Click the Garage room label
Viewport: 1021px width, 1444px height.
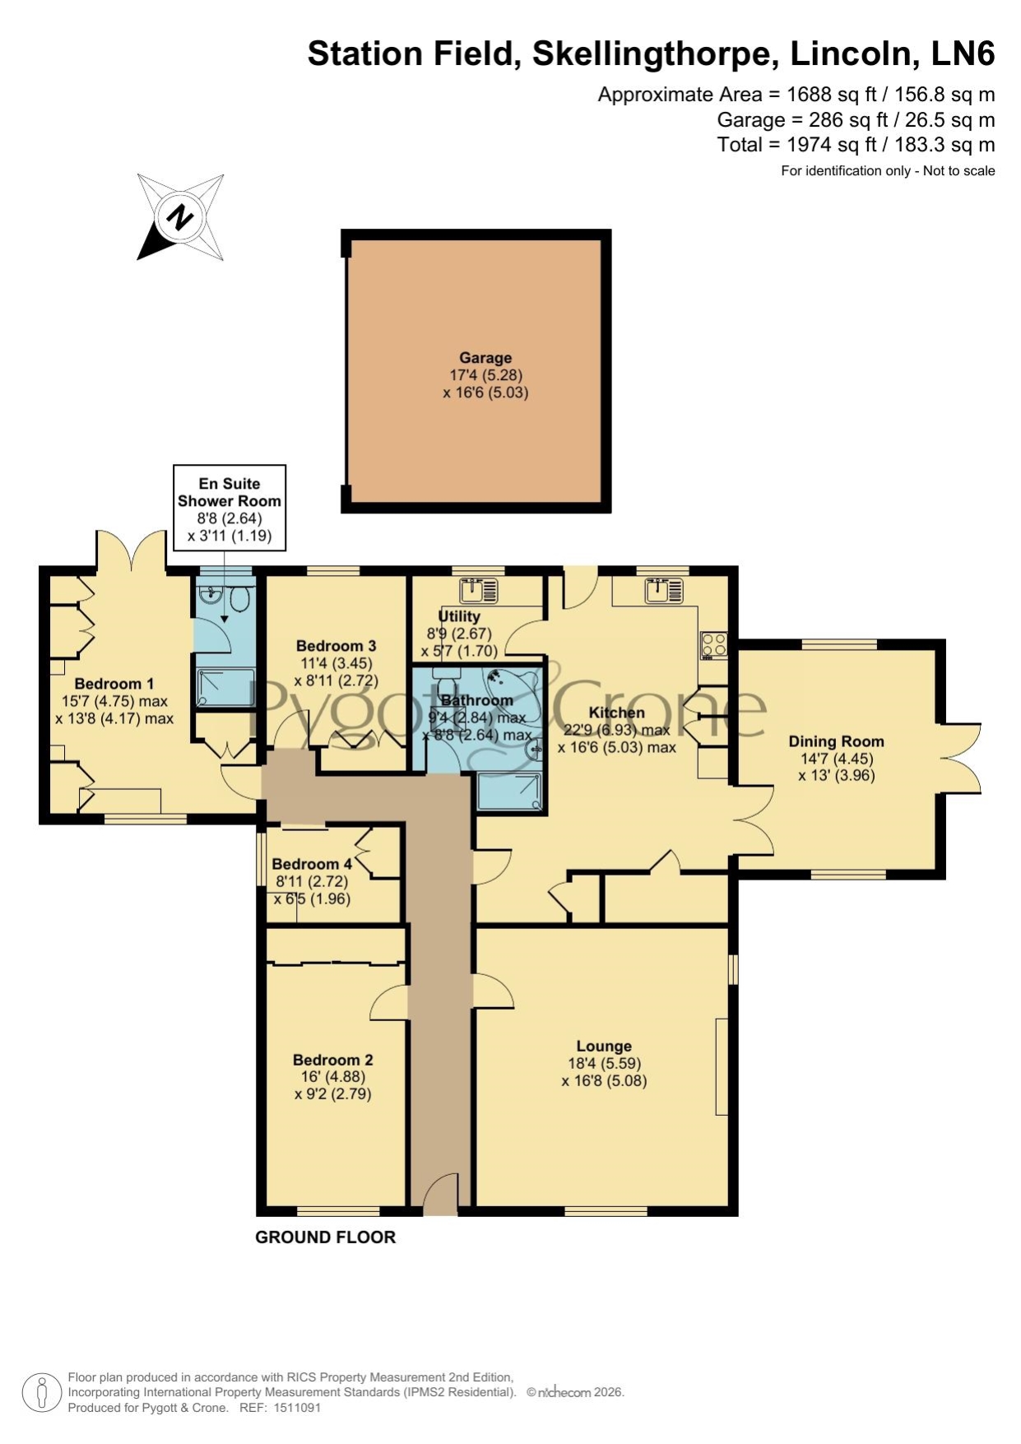(485, 358)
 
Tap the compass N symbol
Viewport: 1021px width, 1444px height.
(180, 217)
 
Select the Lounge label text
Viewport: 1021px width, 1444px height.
(604, 1046)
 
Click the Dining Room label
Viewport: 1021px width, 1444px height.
(836, 741)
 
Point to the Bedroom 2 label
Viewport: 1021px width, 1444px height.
(333, 1060)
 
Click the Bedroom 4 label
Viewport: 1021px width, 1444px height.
(312, 864)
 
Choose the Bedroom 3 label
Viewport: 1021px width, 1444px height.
(336, 646)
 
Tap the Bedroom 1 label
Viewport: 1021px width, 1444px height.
(114, 684)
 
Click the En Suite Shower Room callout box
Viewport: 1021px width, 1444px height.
(230, 508)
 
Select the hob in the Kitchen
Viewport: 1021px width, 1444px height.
(713, 645)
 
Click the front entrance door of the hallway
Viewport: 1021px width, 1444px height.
(440, 1194)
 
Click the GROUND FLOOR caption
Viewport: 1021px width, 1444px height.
(326, 1237)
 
